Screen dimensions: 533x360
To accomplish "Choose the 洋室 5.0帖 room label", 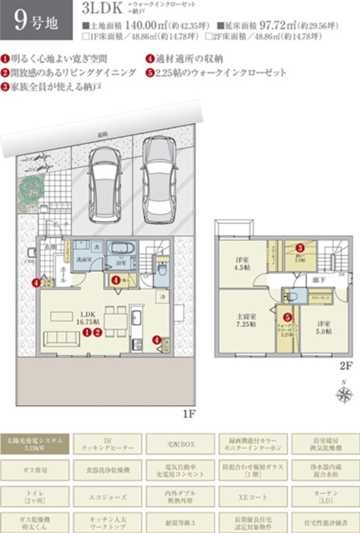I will [321, 327].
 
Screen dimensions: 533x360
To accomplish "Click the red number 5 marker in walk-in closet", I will [287, 317].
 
